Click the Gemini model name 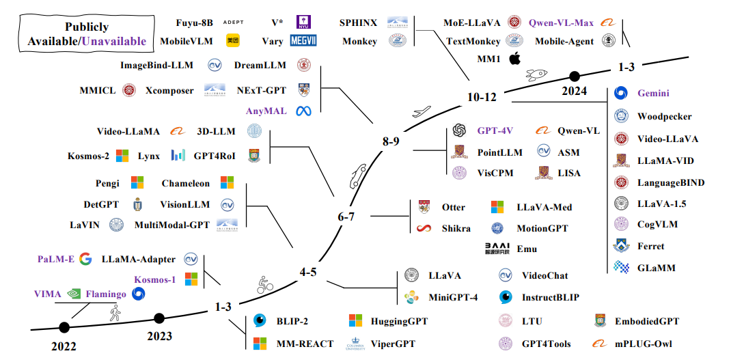point(653,94)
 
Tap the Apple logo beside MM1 point(514,59)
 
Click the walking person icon point(114,314)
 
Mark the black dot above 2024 point(575,76)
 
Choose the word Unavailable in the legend point(113,41)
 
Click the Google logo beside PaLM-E point(85,259)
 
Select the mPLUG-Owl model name point(649,344)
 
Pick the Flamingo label point(106,294)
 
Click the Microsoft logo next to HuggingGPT point(355,320)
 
